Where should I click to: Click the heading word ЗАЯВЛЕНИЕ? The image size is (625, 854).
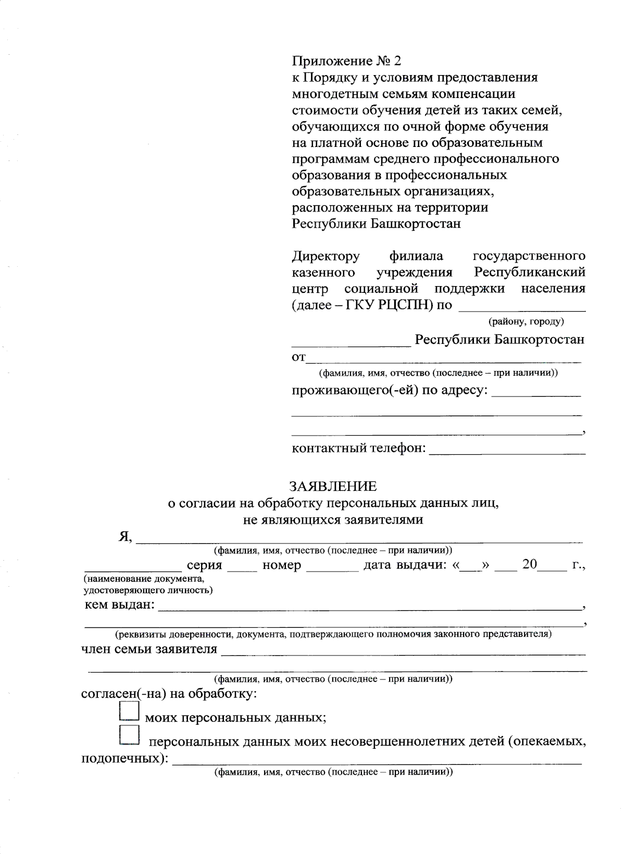pos(333,487)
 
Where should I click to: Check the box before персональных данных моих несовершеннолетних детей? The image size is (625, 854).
pos(129,735)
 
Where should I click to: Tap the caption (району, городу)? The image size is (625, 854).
pos(526,321)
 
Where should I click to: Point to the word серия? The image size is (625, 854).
pos(204,565)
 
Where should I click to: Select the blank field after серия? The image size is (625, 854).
pos(242,568)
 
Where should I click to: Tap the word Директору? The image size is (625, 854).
pos(326,256)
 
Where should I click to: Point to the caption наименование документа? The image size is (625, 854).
pos(143,579)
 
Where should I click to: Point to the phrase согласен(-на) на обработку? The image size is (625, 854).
pos(169,695)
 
